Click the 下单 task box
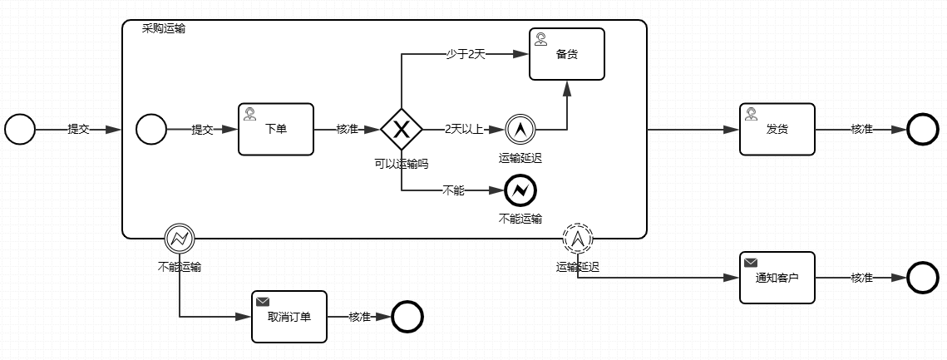coord(276,129)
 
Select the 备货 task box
coord(567,54)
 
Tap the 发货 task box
coord(777,129)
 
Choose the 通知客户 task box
coord(777,277)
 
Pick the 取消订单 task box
coord(289,316)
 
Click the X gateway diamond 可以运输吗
coord(402,129)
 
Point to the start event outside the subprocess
coord(20,129)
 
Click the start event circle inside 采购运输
coord(151,129)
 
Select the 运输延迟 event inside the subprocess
coord(520,129)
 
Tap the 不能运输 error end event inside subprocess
coord(520,191)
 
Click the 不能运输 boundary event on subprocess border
coord(179,239)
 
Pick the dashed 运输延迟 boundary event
coord(578,239)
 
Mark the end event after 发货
coord(922,129)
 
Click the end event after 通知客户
coord(922,277)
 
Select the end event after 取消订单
coord(407,316)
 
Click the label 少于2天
coord(466,54)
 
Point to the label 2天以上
coord(464,129)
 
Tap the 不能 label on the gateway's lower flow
coord(453,190)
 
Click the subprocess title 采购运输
coord(164,28)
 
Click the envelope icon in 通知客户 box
coord(751,262)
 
